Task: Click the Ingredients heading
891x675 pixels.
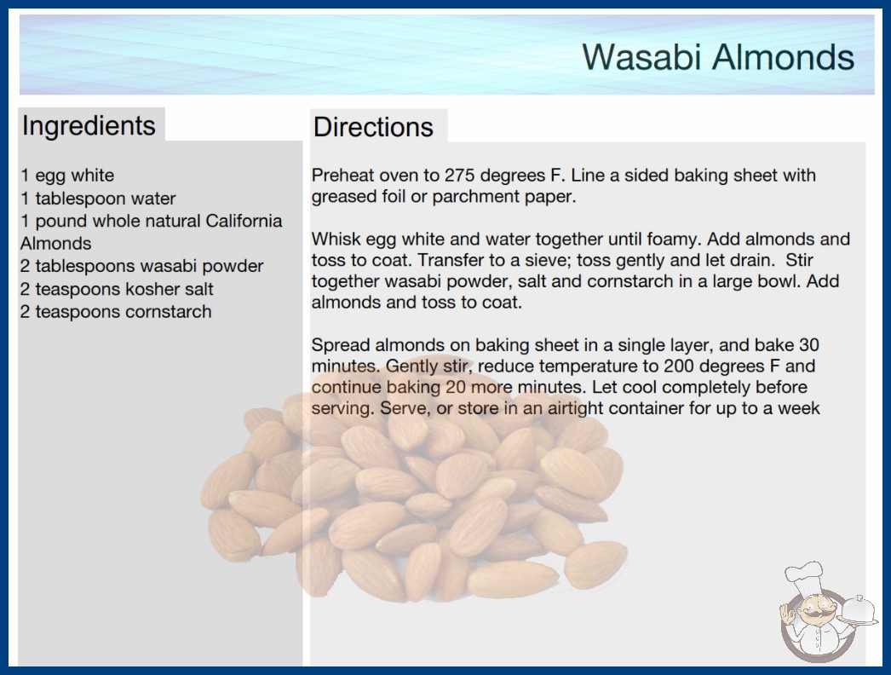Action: [89, 126]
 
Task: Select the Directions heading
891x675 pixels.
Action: [373, 127]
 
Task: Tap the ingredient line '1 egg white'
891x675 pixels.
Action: [67, 176]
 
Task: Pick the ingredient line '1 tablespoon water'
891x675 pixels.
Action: [98, 199]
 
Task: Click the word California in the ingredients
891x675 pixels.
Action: [244, 221]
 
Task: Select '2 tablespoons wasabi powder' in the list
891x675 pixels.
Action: [141, 266]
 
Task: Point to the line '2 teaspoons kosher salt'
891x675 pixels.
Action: [117, 289]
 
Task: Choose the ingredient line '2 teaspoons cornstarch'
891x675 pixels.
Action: [116, 312]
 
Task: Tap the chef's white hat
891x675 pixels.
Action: [804, 575]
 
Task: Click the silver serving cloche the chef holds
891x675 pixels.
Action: [859, 611]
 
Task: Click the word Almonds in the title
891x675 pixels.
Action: [783, 57]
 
